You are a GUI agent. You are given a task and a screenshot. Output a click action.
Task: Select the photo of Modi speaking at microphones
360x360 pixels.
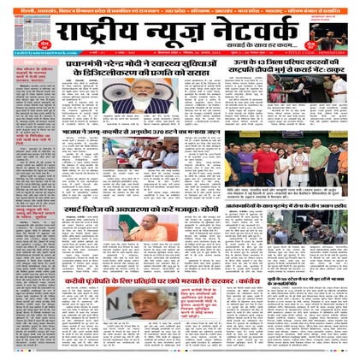(140, 100)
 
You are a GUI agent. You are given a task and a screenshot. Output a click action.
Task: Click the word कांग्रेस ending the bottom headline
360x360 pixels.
(240, 279)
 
